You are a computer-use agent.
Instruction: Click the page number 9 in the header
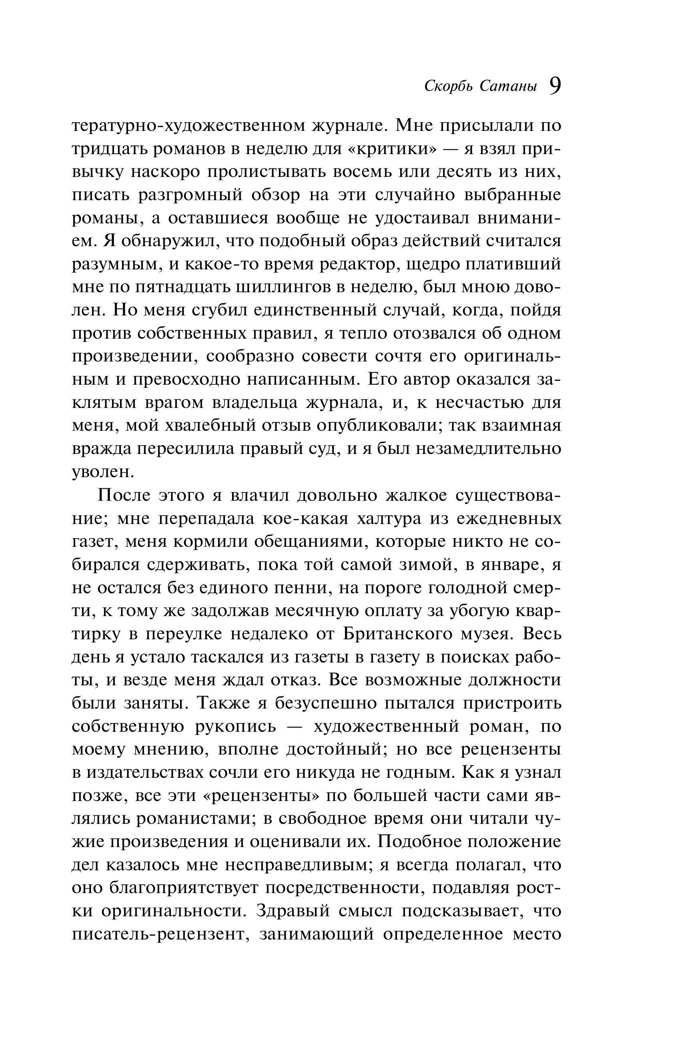point(555,86)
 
